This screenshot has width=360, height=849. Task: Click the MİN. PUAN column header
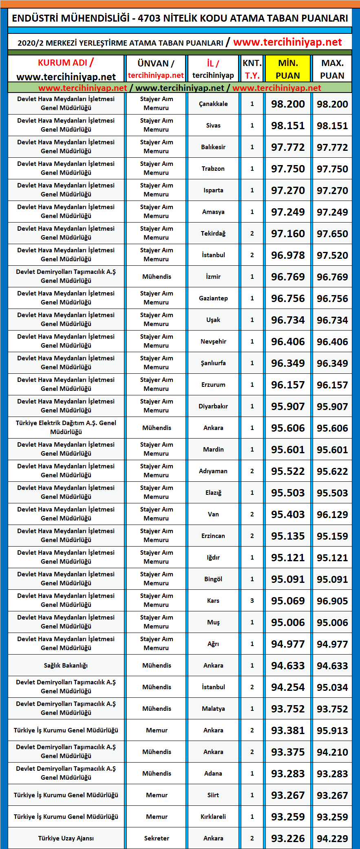288,69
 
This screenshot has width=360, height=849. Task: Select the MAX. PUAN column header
332,69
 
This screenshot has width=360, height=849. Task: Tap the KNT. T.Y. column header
252,69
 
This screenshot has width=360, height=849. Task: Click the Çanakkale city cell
213,104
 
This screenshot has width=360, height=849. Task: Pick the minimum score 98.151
288,126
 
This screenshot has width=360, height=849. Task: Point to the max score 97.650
332,234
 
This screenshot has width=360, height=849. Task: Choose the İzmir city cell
213,277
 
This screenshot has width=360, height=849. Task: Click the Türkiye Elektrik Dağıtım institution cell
66,428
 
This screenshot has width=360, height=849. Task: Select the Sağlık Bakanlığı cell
66,665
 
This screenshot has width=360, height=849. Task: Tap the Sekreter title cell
157,838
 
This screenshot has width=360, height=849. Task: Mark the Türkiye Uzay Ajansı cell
66,838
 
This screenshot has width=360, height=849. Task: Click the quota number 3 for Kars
252,600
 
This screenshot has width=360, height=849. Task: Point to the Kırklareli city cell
213,816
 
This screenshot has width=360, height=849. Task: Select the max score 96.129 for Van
332,514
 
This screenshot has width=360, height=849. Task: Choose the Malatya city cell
213,708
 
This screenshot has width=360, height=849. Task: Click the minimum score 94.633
288,665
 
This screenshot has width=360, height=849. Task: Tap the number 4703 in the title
149,18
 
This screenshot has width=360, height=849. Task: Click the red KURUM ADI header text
63,63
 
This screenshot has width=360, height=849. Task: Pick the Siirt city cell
213,795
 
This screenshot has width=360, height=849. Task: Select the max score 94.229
332,838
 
